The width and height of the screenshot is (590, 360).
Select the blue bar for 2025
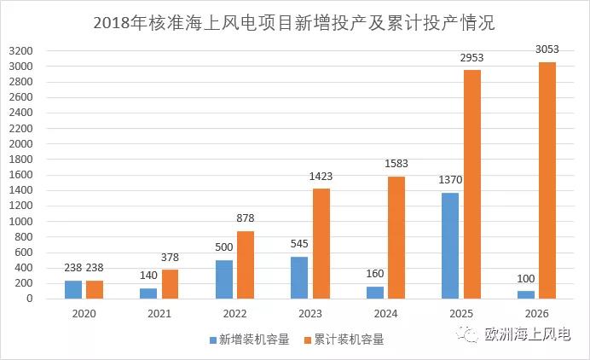coord(451,246)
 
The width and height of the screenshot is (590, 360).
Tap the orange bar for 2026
coord(547,180)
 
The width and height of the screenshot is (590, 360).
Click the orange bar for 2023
coord(321,243)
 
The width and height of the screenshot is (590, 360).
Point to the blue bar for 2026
coord(526,294)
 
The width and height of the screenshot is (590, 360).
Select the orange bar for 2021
coord(171,284)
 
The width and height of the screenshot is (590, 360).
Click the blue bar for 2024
coord(375,292)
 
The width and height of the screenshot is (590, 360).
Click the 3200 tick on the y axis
coord(21,50)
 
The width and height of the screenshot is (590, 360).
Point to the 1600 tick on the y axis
coord(21,175)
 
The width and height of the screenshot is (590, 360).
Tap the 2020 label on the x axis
coord(84,313)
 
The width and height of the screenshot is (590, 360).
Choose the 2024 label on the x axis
coord(385,313)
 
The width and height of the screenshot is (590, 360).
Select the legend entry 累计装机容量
coord(344,340)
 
